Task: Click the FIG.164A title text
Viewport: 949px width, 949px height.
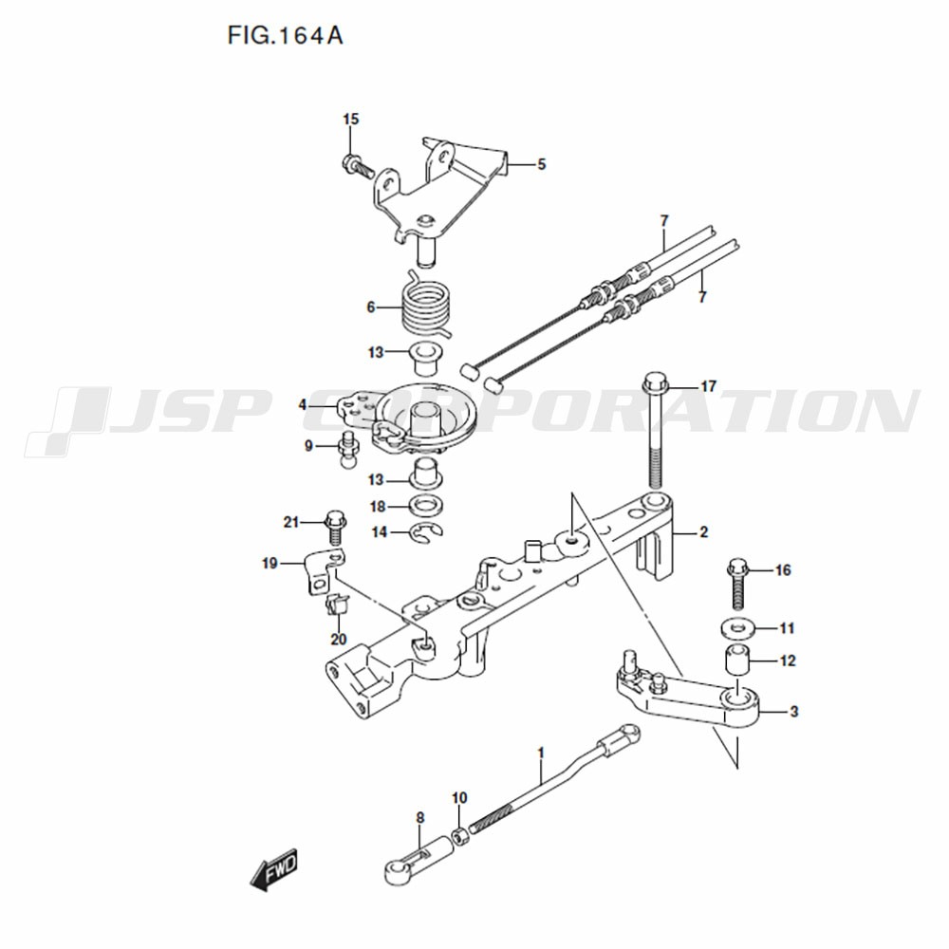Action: click(x=285, y=36)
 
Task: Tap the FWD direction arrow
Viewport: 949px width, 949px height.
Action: click(x=274, y=869)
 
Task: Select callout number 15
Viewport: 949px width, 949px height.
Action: click(x=351, y=120)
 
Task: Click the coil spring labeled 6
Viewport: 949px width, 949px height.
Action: click(x=426, y=306)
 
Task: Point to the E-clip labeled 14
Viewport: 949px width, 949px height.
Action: click(x=427, y=532)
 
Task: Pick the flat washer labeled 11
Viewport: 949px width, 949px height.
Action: click(x=737, y=628)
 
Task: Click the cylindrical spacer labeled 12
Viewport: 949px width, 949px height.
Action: click(x=737, y=660)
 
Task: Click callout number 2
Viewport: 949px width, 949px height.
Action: click(x=703, y=532)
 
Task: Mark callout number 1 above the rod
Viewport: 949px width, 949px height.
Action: click(x=541, y=753)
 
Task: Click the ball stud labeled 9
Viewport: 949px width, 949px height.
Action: click(x=348, y=449)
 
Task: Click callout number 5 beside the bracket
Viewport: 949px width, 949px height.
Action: click(x=542, y=164)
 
